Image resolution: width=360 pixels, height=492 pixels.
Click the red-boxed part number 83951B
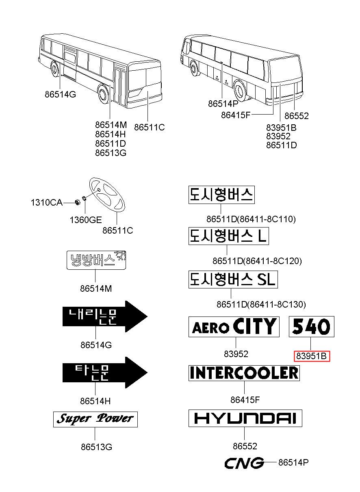point(312,356)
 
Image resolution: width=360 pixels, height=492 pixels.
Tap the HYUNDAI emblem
point(245,418)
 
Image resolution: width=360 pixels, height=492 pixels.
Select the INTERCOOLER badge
point(244,373)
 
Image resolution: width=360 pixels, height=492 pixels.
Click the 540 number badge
point(311,326)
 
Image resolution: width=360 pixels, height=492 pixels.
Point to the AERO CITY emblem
point(234,326)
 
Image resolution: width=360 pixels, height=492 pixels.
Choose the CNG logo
point(244,463)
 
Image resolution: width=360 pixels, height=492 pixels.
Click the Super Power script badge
point(95,419)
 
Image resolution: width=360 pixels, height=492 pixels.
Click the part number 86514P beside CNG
point(293,462)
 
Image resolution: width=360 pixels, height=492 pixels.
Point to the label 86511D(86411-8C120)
point(257,261)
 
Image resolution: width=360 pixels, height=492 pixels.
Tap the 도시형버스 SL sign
point(233,280)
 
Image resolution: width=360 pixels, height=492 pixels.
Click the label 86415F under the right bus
point(236,115)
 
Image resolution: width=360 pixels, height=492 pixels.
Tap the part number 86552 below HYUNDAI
point(245,446)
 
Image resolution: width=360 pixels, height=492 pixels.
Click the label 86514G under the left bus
point(60,94)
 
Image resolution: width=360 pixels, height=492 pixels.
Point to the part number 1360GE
point(85,220)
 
